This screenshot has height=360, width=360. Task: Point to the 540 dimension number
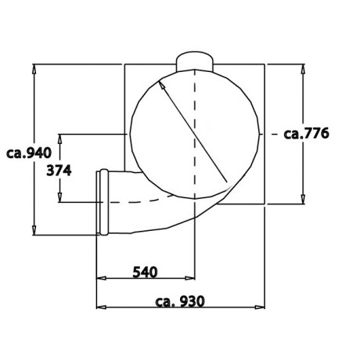point(145,272)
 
